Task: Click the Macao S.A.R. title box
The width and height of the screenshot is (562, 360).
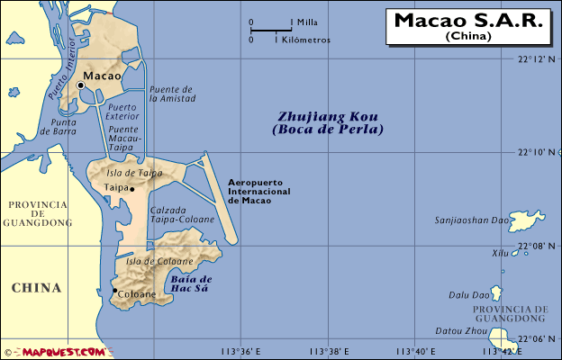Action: pyautogui.click(x=468, y=25)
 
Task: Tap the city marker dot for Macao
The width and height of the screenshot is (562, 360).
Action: pyautogui.click(x=81, y=85)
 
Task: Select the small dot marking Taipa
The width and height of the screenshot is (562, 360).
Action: pyautogui.click(x=131, y=189)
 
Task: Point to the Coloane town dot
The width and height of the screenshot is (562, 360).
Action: pyautogui.click(x=113, y=292)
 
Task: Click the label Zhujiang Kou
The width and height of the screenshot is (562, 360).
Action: pyautogui.click(x=328, y=117)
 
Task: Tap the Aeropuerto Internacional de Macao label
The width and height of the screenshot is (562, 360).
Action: pyautogui.click(x=262, y=190)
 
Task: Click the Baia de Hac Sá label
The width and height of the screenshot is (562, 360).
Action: pyautogui.click(x=190, y=283)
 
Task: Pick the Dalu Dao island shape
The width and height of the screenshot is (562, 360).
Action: pyautogui.click(x=495, y=293)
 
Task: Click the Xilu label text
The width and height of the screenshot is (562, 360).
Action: pyautogui.click(x=500, y=254)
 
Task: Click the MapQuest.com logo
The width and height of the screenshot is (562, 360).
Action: pyautogui.click(x=54, y=352)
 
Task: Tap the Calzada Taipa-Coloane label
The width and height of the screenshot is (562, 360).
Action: pyautogui.click(x=182, y=214)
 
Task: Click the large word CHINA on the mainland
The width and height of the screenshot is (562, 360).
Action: pyautogui.click(x=36, y=288)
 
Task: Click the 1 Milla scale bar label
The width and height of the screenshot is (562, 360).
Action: pyautogui.click(x=307, y=22)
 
